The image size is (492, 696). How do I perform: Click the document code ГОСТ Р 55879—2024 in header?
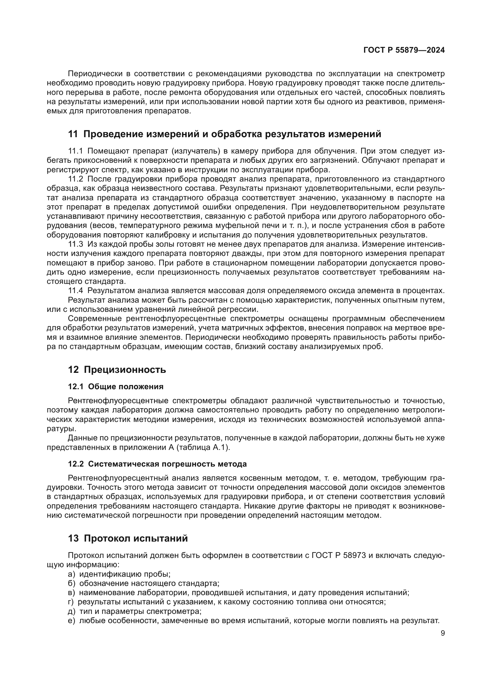[404, 50]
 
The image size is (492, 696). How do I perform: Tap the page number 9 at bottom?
[443, 633]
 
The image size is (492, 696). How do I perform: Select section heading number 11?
[73, 134]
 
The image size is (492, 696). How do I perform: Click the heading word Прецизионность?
[125, 370]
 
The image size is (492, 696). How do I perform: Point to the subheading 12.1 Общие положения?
[116, 387]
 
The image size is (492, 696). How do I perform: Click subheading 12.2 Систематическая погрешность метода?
[157, 464]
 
